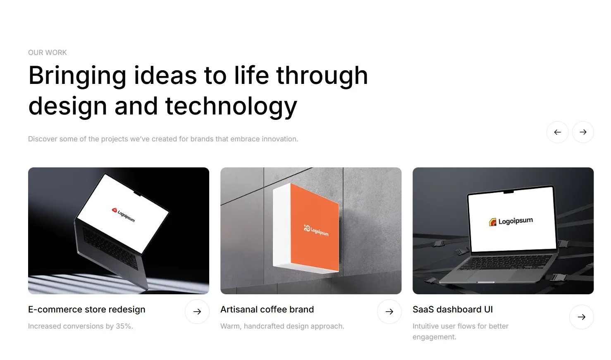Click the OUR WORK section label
coord(47,52)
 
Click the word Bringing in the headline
coord(77,76)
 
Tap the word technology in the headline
coord(231,107)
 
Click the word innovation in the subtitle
coord(280,139)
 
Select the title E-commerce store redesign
coord(87,310)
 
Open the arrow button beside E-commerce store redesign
coord(197,312)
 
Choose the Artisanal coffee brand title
coord(267,310)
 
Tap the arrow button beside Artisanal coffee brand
coord(389,312)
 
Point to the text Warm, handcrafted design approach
coord(282,326)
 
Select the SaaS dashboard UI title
coord(453,310)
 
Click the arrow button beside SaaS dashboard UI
coord(582,317)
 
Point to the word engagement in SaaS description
coord(434,337)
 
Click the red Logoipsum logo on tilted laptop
coord(123,215)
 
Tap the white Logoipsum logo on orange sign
coord(316,230)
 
